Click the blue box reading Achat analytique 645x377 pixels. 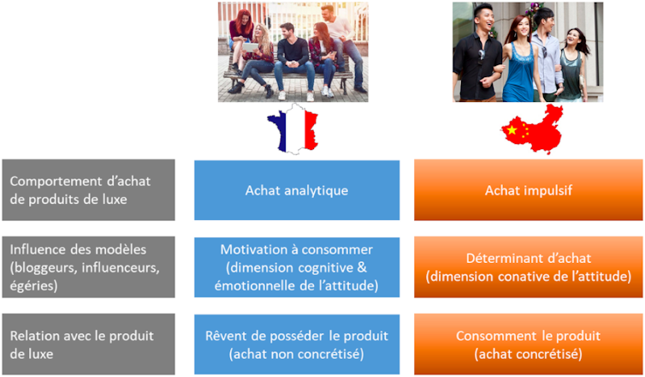tap(297, 190)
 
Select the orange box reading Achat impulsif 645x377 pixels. tap(528, 190)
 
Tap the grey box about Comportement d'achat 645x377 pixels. tap(88, 190)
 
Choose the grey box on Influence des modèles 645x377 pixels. tap(88, 267)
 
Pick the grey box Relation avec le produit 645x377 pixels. tap(88, 344)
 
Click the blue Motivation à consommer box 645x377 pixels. tap(297, 267)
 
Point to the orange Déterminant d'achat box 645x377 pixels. tap(528, 267)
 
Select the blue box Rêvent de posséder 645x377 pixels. tap(297, 344)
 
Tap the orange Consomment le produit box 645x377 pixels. tap(528, 344)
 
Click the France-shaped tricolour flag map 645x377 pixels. tap(293, 129)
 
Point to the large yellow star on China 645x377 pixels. tap(512, 130)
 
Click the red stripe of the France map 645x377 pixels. tap(311, 129)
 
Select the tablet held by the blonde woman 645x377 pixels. tap(250, 47)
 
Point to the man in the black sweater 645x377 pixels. tap(293, 62)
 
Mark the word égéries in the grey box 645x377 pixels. tap(33, 285)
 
